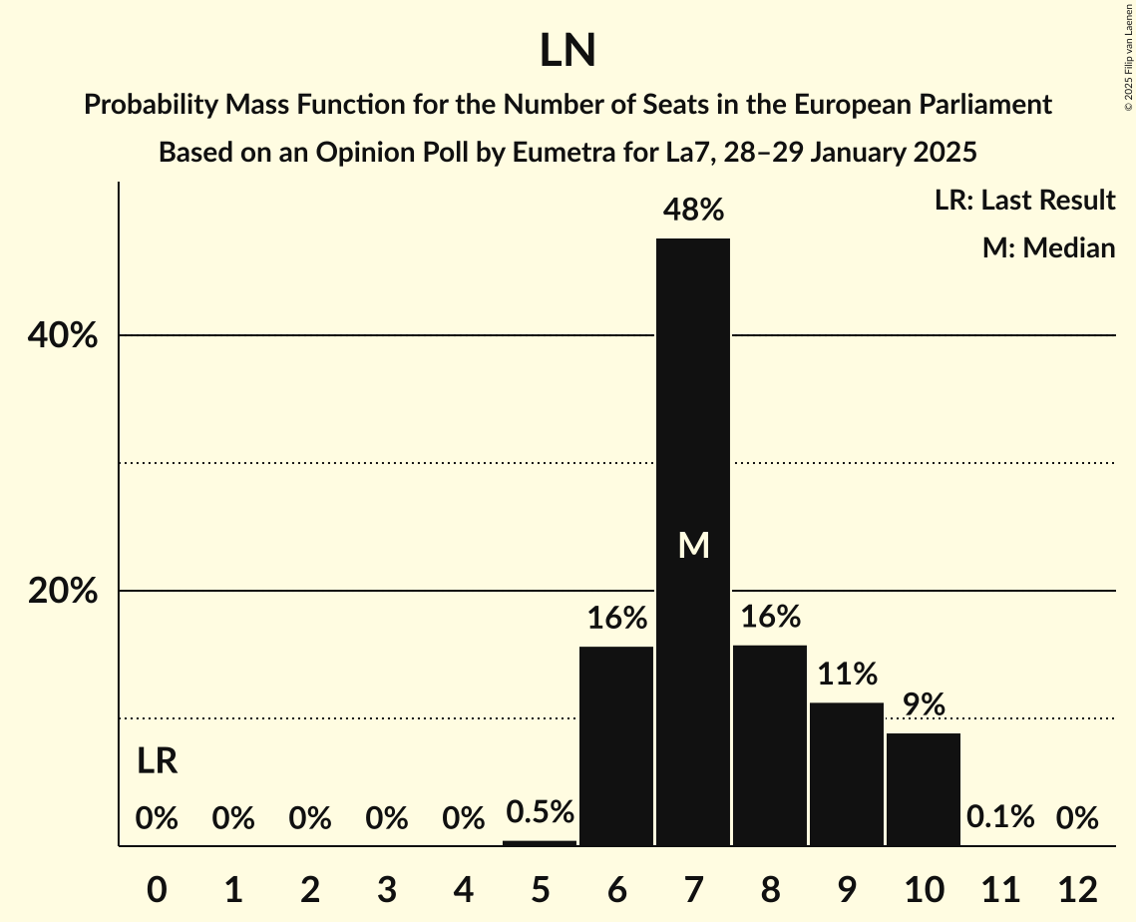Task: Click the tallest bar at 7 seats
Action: pos(693,419)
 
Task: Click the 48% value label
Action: pos(694,211)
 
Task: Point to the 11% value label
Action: pos(847,675)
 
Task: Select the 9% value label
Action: pos(924,705)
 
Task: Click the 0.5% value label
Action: pos(540,812)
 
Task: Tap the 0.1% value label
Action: pos(1000,818)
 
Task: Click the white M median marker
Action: pos(693,545)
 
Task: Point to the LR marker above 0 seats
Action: pos(157,762)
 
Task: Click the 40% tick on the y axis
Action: pos(63,336)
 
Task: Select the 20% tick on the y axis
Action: pos(63,592)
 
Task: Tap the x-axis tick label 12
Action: pos(1077,889)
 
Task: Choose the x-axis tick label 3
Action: pos(387,889)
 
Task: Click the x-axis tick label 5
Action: pos(540,889)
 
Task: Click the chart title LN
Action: pos(568,51)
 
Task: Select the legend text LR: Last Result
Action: pos(1024,201)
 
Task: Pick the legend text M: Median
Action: pos(1048,248)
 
